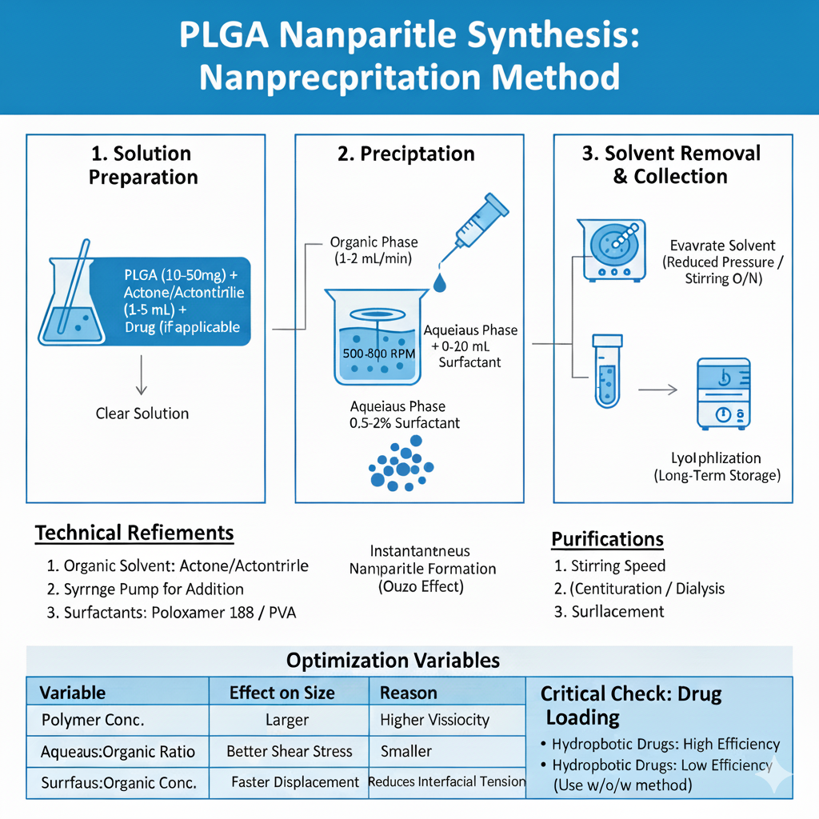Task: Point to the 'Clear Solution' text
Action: pos(142,413)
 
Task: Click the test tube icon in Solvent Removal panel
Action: pos(607,371)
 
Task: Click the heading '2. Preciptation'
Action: pos(406,154)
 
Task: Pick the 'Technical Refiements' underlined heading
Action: pos(134,533)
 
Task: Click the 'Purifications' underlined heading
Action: pos(607,539)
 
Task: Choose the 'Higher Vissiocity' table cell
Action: pos(434,720)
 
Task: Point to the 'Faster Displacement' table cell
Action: pos(294,781)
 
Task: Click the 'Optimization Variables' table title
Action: pos(393,661)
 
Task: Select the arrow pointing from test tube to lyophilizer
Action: pos(657,390)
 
